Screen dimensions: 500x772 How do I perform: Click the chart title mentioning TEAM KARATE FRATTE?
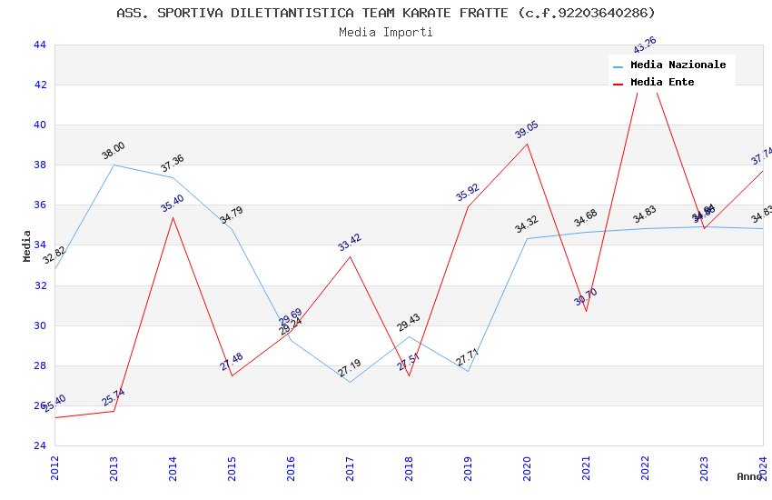click(386, 13)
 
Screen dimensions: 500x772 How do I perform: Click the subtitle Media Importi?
click(386, 32)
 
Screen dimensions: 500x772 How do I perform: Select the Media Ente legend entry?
click(662, 83)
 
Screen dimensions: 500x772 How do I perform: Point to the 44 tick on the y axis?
click(39, 45)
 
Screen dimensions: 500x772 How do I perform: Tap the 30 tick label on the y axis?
click(39, 325)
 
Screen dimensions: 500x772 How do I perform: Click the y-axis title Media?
click(27, 245)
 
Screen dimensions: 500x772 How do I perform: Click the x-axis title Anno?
click(749, 476)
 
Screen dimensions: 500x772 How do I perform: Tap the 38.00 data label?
click(114, 151)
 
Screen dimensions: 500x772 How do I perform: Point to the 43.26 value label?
click(645, 45)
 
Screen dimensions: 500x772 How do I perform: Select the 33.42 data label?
click(350, 242)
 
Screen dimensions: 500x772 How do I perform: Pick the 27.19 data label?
click(350, 368)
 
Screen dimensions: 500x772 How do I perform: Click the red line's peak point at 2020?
click(527, 144)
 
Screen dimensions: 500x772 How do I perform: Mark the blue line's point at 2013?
click(114, 165)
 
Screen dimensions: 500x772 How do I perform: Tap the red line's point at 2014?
click(173, 217)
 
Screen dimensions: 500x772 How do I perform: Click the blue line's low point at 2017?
click(350, 382)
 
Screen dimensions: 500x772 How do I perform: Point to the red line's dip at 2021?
click(586, 311)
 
